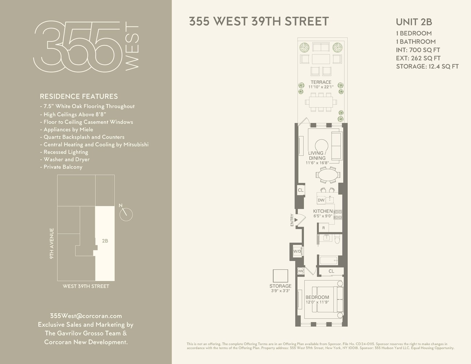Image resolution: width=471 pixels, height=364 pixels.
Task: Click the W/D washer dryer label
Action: coord(297,251)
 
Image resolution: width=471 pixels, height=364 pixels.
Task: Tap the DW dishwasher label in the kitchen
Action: coord(321,200)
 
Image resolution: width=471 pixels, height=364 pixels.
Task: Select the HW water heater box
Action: coord(301,271)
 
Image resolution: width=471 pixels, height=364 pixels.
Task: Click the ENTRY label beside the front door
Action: coord(292,220)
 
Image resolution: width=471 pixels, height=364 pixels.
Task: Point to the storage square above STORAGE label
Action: coord(280,276)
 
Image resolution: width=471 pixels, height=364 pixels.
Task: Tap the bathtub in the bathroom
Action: coord(329,261)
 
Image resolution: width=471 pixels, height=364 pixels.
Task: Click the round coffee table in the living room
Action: coord(322,146)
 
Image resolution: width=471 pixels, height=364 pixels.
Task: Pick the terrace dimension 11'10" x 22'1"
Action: coord(321,87)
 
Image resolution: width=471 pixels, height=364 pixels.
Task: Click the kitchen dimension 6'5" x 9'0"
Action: coord(322,216)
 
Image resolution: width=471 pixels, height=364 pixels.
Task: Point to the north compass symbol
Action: coord(126,214)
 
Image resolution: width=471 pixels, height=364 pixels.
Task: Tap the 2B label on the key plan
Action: coord(105,241)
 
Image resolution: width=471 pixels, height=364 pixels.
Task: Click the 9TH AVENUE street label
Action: coord(52,244)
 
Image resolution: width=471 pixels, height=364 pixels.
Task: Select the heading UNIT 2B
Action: coord(414,22)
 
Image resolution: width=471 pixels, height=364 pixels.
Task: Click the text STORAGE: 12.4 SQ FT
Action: coord(427,66)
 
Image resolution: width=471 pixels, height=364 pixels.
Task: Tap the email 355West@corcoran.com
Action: coord(86,316)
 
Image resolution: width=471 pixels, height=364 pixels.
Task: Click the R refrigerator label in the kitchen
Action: coord(323,228)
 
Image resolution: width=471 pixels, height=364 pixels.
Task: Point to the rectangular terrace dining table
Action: coord(321,102)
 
